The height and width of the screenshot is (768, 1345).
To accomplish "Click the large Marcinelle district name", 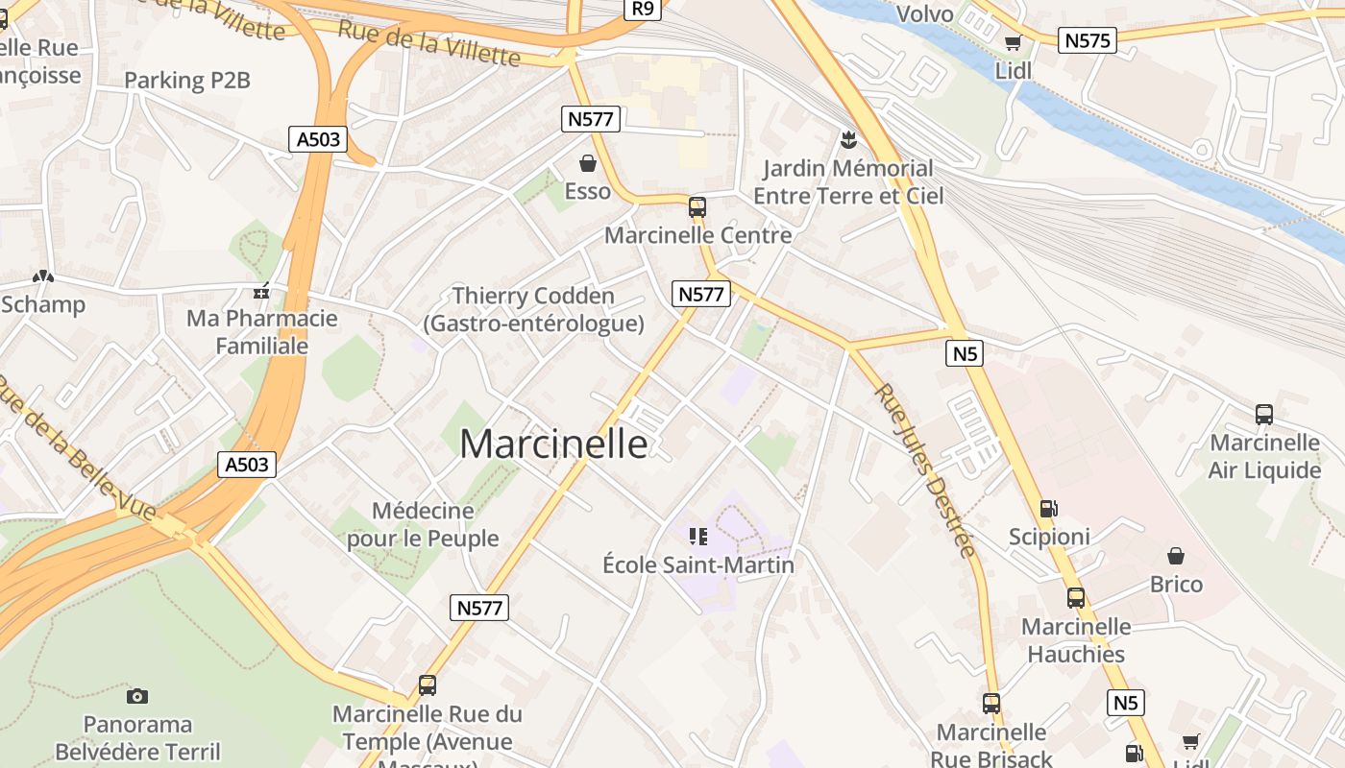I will point(553,444).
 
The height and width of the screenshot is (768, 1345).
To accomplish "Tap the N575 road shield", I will point(1088,40).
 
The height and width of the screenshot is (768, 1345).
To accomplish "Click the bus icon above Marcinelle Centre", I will point(697,206).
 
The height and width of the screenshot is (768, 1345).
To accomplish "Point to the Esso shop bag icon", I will point(588,164).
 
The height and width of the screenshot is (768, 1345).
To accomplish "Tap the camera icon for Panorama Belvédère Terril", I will point(137,696).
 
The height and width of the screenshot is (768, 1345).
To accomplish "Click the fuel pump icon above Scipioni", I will point(1049,509).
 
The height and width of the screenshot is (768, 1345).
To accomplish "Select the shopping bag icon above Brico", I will point(1175,556).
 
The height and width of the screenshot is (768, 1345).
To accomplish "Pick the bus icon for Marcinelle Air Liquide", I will point(1264,415).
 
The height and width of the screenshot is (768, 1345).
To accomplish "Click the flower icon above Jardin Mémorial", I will point(847,141).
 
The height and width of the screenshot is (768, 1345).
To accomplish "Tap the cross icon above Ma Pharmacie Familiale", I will point(260,291).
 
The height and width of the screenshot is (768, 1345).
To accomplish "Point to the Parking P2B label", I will point(187,81).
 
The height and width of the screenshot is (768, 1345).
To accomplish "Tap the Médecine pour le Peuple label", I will point(423,524).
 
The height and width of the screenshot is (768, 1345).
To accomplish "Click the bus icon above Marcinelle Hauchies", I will point(1076,598).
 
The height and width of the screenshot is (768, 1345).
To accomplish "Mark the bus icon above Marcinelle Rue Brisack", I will point(991,704).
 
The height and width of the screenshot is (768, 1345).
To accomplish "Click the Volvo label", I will point(924,13).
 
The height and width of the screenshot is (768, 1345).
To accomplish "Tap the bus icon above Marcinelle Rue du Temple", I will point(428,685).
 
